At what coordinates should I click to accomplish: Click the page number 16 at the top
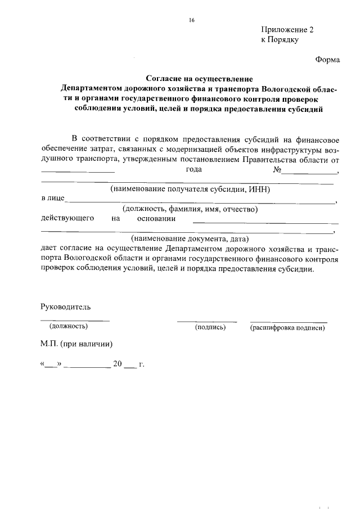(191, 20)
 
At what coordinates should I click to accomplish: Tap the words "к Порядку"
(279, 40)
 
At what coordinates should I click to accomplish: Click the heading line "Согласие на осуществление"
(200, 79)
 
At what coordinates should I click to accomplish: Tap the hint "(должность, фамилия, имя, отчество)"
(190, 209)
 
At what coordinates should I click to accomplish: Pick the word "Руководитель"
(65, 307)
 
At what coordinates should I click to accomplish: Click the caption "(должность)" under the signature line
(69, 326)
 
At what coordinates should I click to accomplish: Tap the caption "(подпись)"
(210, 326)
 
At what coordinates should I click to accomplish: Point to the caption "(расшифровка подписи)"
(287, 326)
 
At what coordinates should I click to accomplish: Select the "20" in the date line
(118, 364)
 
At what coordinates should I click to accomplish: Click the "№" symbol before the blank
(277, 169)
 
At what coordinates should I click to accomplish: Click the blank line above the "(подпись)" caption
(206, 321)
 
